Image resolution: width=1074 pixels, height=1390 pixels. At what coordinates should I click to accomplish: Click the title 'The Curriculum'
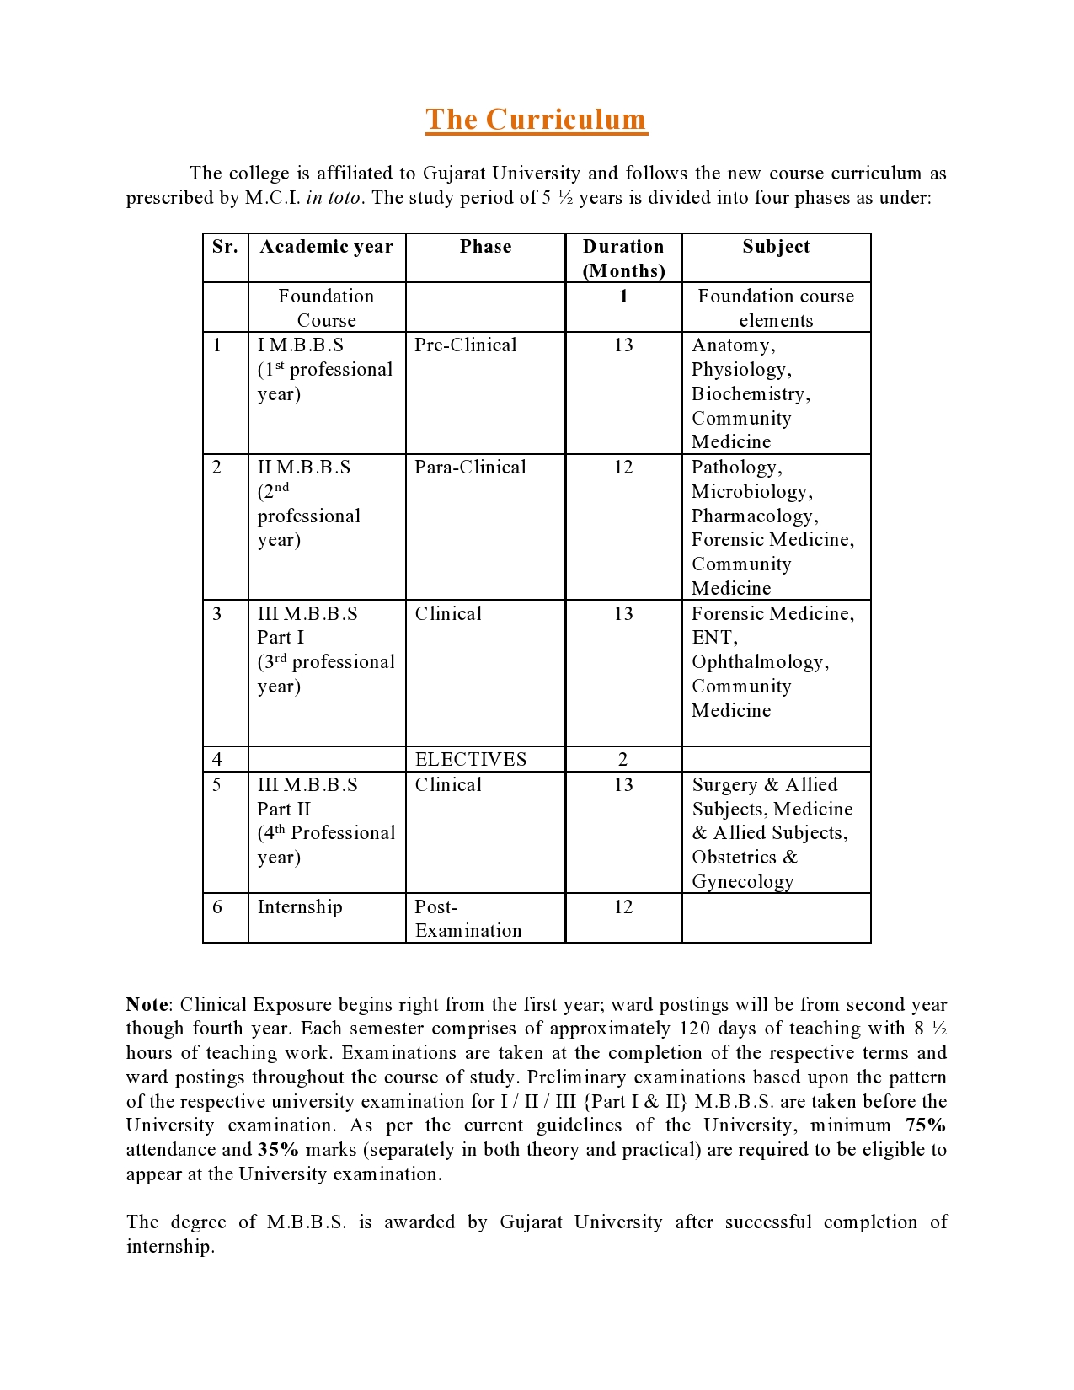coord(536,120)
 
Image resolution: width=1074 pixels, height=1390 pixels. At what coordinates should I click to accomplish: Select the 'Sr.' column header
coord(225,247)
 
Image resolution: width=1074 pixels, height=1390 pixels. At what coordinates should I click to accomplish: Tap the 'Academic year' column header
coord(326,247)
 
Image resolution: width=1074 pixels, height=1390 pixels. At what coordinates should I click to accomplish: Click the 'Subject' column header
coord(776,247)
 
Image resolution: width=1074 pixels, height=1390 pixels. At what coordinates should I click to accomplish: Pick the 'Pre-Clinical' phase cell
coord(466,345)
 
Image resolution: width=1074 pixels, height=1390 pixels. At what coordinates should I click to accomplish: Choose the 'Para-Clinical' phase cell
coord(470,468)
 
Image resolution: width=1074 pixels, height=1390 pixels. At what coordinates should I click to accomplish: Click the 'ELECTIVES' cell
coord(471,760)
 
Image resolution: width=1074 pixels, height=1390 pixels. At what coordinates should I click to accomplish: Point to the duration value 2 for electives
coord(623,760)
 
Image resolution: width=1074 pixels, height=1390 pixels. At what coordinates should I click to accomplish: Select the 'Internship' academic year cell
coord(300,907)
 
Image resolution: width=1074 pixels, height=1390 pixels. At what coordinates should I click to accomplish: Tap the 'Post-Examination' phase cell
coord(468,919)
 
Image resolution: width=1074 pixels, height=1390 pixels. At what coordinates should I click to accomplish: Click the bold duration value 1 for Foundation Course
coord(623,297)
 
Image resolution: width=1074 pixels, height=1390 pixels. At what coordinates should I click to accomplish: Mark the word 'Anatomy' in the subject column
coord(730,345)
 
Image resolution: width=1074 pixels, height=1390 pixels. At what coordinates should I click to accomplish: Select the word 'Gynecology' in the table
coord(743,882)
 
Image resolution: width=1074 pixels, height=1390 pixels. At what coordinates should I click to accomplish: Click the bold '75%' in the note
coord(926,1125)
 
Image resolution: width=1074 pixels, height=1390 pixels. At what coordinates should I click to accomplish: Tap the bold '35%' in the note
coord(278,1150)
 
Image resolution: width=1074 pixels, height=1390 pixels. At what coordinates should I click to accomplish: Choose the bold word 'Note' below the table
coord(147,1005)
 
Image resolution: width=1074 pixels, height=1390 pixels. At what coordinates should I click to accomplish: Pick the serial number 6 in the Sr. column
coord(217,907)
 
